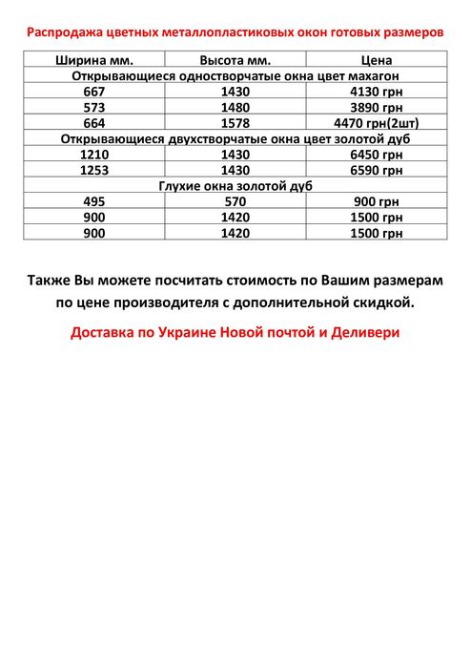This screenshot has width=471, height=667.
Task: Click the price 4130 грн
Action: tap(378, 91)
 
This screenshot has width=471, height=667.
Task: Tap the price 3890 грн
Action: tap(378, 107)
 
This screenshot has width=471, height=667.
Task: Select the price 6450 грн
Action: tap(378, 154)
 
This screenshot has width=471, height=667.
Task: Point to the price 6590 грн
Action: tap(378, 170)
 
